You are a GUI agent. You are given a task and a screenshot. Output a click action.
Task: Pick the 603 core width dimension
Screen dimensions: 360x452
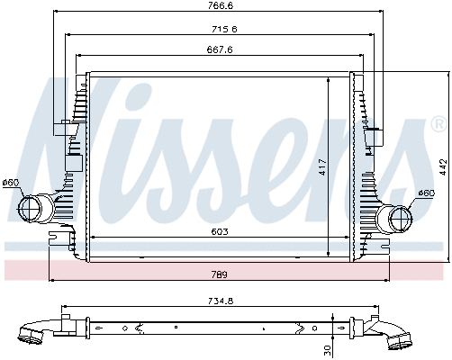[219, 232]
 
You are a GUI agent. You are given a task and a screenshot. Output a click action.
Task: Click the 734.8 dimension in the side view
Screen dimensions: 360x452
[221, 302]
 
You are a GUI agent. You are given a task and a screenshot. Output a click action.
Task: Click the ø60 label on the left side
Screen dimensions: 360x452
[11, 184]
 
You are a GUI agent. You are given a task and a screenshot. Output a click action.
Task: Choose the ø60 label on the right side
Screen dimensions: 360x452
[426, 193]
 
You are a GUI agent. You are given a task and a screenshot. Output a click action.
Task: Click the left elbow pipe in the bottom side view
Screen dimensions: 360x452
[36, 332]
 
